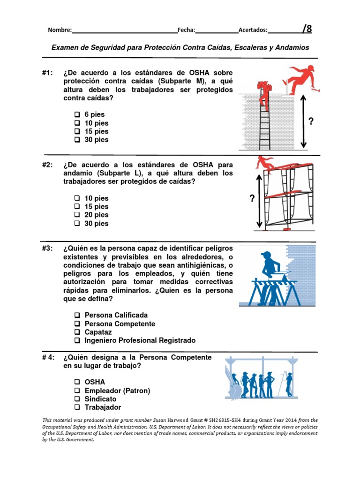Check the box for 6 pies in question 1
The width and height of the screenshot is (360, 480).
77,114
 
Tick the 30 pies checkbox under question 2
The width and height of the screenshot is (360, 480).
77,224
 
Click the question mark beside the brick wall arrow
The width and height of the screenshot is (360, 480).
310,122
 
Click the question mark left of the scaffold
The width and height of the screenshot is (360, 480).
252,199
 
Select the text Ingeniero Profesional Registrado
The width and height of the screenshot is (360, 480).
140,340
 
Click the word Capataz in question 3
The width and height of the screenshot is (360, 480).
98,332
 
